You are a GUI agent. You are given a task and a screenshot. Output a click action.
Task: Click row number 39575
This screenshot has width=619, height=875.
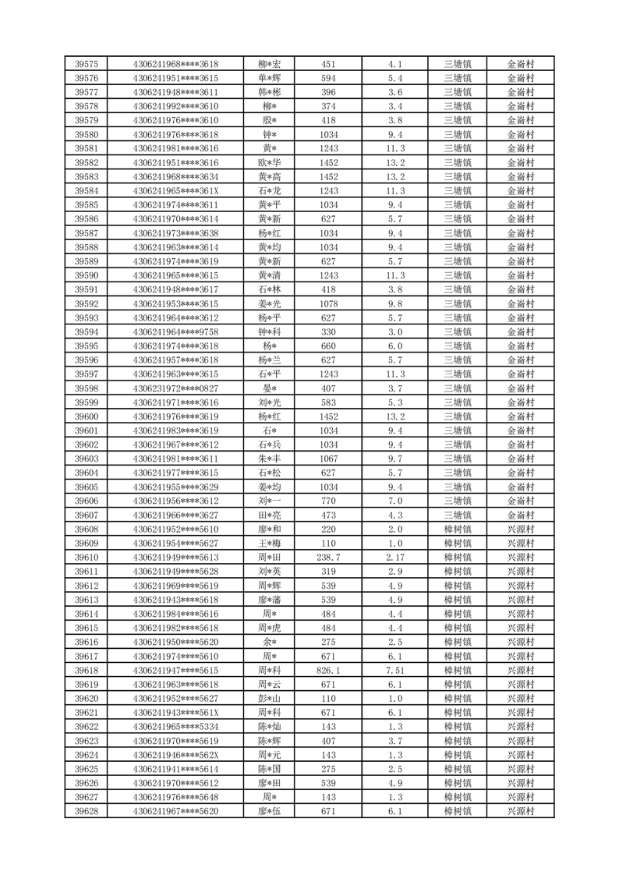(x=86, y=64)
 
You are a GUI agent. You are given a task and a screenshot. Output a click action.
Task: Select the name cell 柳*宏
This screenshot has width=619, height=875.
(x=269, y=64)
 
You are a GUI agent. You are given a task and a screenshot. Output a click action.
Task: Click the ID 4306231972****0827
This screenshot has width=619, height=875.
(x=175, y=388)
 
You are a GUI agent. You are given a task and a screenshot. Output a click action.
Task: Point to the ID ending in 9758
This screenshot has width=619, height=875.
(x=175, y=331)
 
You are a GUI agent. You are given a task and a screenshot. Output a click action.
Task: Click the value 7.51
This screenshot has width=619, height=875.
(x=394, y=670)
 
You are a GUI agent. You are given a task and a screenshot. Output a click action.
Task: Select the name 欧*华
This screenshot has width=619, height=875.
(x=269, y=162)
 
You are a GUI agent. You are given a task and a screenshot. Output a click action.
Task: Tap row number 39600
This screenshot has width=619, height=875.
(x=86, y=416)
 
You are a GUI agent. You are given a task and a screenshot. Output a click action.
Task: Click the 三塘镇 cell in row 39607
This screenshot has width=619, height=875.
(x=457, y=515)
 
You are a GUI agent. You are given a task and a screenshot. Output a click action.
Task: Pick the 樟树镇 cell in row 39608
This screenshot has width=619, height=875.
(x=457, y=529)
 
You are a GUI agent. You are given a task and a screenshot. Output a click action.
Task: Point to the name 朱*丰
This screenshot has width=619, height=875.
(x=269, y=459)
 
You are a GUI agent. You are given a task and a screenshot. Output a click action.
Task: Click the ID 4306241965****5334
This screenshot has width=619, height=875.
(x=175, y=726)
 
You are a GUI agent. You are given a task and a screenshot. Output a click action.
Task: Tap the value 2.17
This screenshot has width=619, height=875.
(x=394, y=557)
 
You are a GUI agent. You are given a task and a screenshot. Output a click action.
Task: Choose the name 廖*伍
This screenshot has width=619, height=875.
(x=269, y=811)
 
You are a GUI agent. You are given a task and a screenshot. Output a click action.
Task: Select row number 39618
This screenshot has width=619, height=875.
(x=86, y=670)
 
